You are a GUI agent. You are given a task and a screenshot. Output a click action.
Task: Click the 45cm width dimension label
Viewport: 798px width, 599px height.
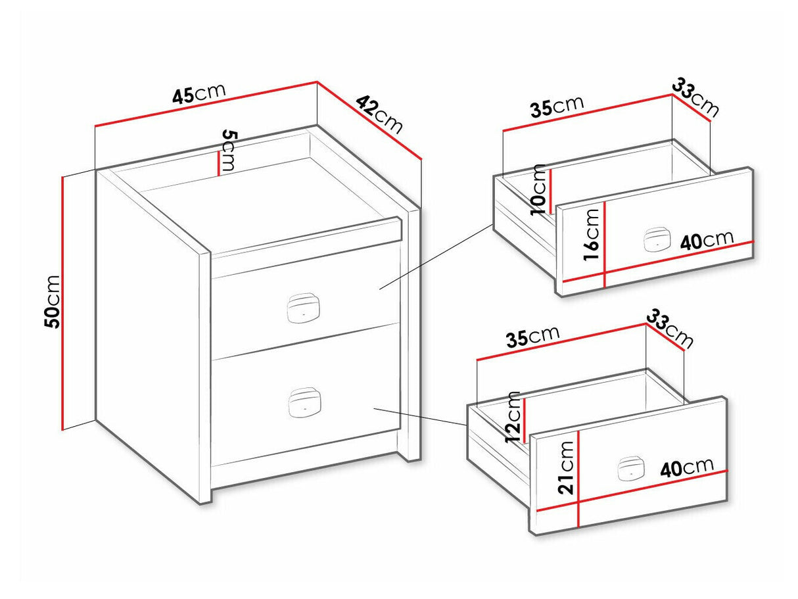[199, 94]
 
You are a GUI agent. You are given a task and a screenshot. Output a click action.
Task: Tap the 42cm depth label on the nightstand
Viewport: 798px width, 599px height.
[379, 114]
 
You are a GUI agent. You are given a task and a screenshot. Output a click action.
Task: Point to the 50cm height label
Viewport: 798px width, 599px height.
[53, 302]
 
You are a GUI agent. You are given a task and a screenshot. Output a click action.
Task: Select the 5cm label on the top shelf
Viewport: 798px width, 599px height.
[229, 150]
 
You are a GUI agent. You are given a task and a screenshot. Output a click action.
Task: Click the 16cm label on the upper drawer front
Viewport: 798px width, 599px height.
[591, 235]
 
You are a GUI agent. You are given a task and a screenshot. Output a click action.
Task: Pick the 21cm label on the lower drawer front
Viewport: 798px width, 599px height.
[565, 467]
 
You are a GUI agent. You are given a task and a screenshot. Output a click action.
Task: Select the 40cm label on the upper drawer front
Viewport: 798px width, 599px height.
[707, 241]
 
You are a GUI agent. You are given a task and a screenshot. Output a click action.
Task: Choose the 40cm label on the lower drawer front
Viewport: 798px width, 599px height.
[687, 467]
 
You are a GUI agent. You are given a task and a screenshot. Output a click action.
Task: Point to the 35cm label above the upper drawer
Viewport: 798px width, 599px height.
[557, 107]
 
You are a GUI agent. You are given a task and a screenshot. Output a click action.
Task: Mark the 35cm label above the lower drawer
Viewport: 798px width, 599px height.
[532, 337]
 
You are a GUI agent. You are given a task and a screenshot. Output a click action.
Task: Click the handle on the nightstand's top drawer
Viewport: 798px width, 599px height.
[303, 308]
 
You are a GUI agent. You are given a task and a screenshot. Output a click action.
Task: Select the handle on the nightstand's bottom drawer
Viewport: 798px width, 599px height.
[304, 402]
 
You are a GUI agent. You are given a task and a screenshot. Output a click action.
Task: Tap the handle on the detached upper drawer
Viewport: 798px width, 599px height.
[657, 239]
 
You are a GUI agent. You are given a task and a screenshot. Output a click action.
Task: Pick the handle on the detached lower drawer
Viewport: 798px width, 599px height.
[631, 468]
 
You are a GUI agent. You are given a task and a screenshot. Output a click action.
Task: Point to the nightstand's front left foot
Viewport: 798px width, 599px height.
[204, 495]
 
